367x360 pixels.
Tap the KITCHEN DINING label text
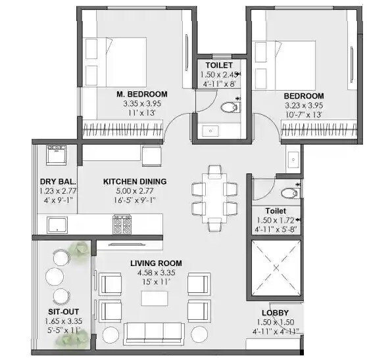click(135, 181)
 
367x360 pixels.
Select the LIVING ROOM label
click(156, 263)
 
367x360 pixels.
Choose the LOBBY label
click(276, 313)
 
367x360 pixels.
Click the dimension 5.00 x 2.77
click(135, 191)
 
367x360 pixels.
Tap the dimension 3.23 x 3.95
click(304, 104)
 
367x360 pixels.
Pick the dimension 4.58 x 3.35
click(156, 273)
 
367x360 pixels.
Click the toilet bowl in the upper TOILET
click(228, 108)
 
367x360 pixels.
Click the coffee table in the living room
click(155, 297)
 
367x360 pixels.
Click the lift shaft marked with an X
click(276, 268)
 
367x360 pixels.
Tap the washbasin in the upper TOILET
click(211, 130)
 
